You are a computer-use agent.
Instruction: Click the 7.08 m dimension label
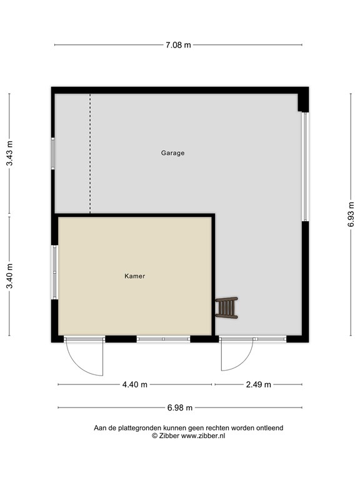click(x=178, y=45)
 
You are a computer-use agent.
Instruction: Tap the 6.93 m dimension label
click(x=351, y=214)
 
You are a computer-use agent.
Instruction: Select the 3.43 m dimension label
click(x=9, y=153)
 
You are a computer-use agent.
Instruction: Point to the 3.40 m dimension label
click(x=9, y=276)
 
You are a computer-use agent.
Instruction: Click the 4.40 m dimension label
click(x=135, y=384)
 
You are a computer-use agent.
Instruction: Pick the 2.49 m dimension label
click(x=258, y=384)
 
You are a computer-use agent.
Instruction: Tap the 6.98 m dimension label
click(x=180, y=407)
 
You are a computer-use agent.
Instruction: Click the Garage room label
click(x=172, y=153)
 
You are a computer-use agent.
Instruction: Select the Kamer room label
click(x=135, y=276)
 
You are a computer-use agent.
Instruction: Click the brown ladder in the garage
click(x=226, y=307)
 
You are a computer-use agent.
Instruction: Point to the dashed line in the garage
click(x=90, y=153)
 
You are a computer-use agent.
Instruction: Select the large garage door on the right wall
click(x=305, y=166)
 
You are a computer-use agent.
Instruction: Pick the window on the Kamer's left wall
click(x=54, y=272)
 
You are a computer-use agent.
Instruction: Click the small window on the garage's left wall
click(x=53, y=153)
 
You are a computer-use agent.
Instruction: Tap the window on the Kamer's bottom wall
click(x=164, y=339)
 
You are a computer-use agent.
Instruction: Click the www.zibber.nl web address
click(x=203, y=436)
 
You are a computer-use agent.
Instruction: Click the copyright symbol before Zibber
click(x=154, y=436)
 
